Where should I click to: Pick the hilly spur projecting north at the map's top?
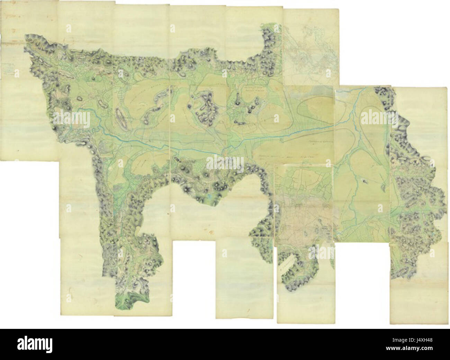coord(270,48)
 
